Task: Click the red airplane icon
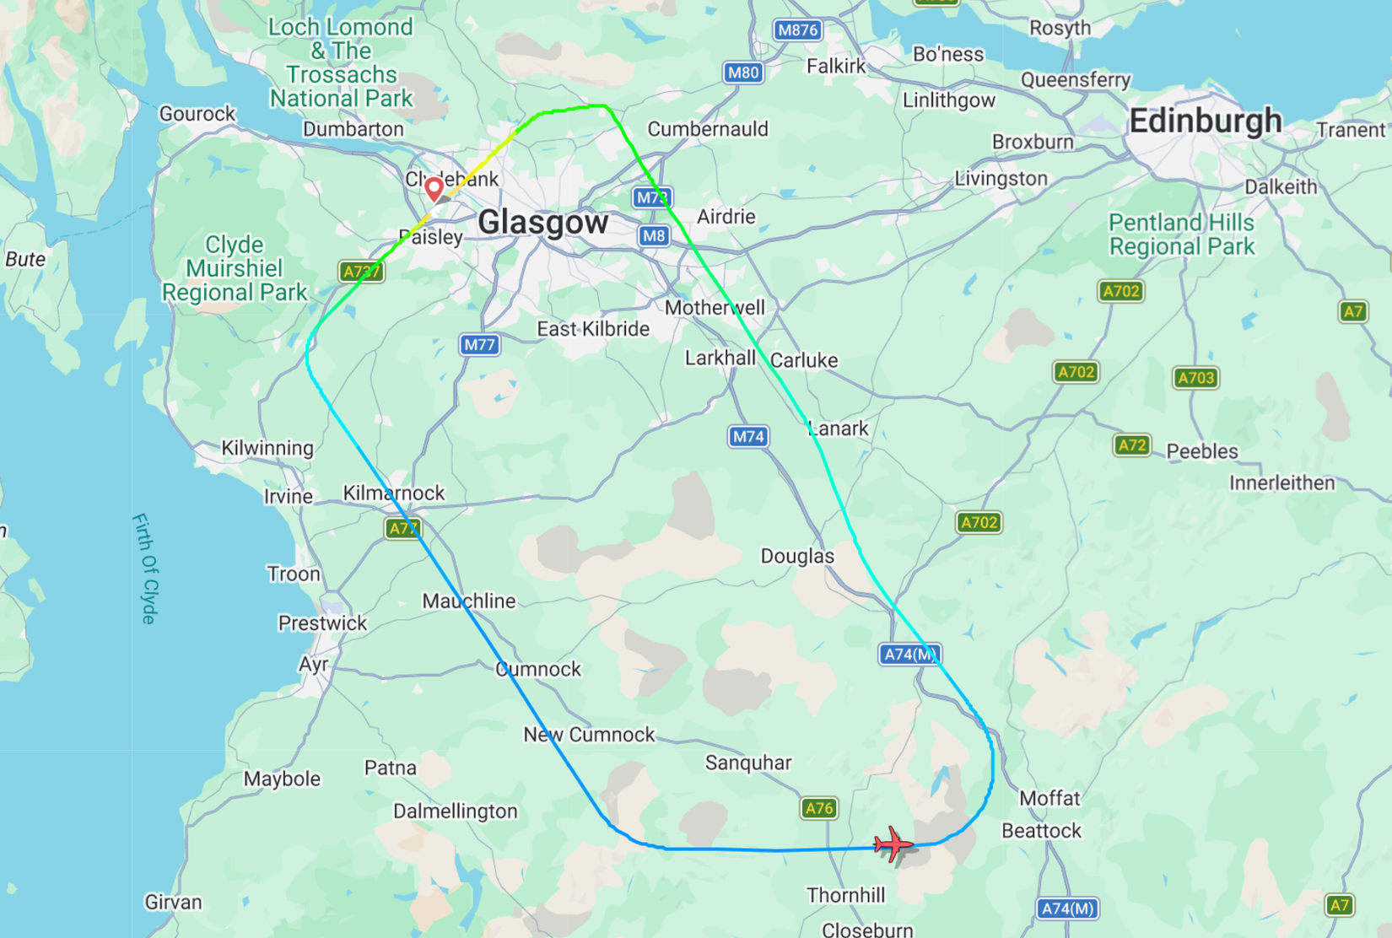click(x=893, y=844)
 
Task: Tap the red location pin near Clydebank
click(x=434, y=188)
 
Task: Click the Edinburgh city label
click(x=1205, y=121)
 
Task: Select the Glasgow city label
click(x=542, y=223)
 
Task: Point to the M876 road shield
click(x=797, y=30)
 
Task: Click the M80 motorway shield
click(x=743, y=73)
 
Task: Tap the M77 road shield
click(x=479, y=344)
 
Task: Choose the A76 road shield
click(x=818, y=808)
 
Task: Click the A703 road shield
click(x=1195, y=378)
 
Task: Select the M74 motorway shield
click(x=748, y=436)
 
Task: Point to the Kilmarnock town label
click(x=393, y=493)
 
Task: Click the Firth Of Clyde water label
click(x=144, y=569)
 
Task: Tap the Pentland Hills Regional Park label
click(x=1181, y=234)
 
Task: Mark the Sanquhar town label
click(x=747, y=763)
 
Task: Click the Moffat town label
click(x=1049, y=798)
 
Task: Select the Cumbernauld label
click(x=707, y=129)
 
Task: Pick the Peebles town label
click(x=1201, y=451)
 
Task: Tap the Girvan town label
click(x=173, y=902)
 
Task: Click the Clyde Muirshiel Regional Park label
click(x=234, y=268)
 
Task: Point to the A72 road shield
click(x=1131, y=445)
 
